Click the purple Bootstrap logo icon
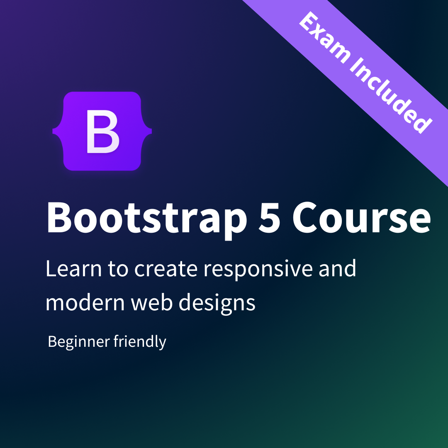(x=102, y=131)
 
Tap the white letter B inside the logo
(x=102, y=131)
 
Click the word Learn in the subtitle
(x=71, y=269)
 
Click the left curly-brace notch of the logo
(x=56, y=131)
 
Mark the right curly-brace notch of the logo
(x=149, y=131)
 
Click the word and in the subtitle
(x=338, y=269)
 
